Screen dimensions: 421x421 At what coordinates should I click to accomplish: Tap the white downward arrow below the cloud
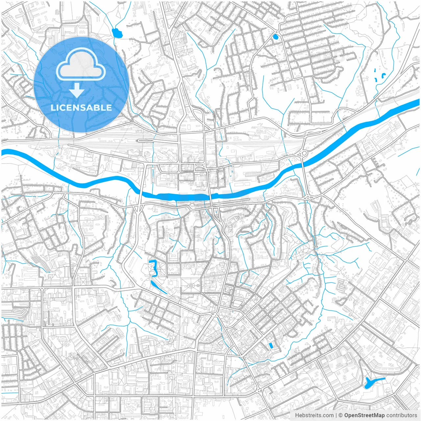(x=77, y=90)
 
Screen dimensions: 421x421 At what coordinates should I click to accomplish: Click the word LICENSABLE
(x=81, y=108)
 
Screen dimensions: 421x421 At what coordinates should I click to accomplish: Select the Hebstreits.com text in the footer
(x=314, y=415)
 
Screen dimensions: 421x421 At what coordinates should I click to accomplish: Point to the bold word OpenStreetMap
(x=364, y=415)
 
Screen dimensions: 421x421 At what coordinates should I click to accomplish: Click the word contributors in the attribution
(x=402, y=415)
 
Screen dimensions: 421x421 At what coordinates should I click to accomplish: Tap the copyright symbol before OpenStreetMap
(x=341, y=415)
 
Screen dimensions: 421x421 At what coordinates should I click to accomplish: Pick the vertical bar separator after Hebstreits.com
(x=336, y=415)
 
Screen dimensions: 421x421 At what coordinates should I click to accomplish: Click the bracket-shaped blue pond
(x=153, y=267)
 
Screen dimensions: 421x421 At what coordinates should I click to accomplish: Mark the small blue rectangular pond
(x=271, y=345)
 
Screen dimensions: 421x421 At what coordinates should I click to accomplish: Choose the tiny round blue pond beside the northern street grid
(x=276, y=37)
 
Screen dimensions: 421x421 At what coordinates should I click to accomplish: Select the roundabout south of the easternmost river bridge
(x=308, y=197)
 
